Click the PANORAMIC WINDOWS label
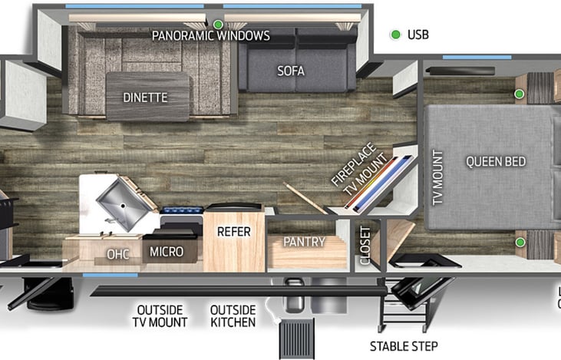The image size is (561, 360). [x=210, y=35]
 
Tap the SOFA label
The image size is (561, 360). [x=291, y=71]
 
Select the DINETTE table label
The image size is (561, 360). [x=145, y=97]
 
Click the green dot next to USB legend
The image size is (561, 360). [x=395, y=35]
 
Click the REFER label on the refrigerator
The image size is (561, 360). [x=233, y=231]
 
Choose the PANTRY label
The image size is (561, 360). [x=304, y=242]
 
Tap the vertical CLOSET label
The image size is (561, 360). [x=365, y=245]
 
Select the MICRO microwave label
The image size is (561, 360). [x=167, y=251]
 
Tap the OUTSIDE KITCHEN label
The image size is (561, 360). [x=233, y=315]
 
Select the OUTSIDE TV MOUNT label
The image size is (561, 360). [x=160, y=315]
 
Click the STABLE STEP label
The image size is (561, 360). [x=404, y=346]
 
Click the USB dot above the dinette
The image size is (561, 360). [x=217, y=24]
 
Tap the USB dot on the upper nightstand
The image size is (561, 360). [x=519, y=94]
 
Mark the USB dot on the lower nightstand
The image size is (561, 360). [x=520, y=242]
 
